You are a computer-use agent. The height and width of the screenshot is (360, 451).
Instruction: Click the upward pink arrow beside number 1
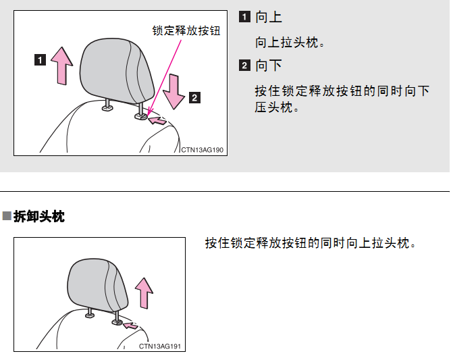[62, 66]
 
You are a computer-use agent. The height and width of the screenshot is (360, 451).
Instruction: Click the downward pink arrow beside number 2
[174, 91]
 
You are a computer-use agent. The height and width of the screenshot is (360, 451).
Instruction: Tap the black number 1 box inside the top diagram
[40, 60]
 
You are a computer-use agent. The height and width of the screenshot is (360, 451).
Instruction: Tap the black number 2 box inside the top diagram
[194, 97]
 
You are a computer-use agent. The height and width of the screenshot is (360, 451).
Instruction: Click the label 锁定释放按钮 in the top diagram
[186, 31]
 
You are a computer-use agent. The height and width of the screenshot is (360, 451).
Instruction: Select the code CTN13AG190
[202, 150]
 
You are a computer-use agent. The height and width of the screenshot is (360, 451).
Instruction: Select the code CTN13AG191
[160, 346]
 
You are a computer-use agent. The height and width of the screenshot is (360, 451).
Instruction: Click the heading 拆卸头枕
[39, 216]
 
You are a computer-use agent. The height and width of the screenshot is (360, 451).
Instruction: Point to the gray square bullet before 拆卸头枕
[7, 216]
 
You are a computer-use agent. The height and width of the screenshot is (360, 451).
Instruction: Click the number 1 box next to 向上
[244, 17]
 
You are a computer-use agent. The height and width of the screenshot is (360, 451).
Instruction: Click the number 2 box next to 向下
[244, 66]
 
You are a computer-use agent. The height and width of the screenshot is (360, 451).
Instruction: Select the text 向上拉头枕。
[290, 43]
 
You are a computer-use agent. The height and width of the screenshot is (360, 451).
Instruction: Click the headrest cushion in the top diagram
[117, 70]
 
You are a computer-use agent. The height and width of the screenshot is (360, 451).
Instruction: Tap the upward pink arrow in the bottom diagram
[144, 293]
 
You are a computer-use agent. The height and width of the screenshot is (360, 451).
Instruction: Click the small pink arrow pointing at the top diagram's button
[157, 120]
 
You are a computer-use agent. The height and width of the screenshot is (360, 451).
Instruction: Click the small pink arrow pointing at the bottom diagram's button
[130, 326]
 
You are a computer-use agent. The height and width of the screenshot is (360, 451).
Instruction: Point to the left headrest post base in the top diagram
[107, 107]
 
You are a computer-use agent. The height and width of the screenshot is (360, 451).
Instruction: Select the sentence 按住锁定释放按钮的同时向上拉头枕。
[311, 243]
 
